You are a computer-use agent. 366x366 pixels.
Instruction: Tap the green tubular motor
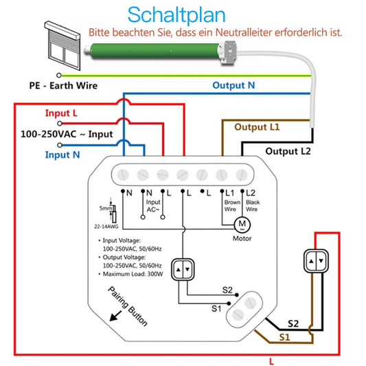(159, 49)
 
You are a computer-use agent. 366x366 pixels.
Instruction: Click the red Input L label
(62, 113)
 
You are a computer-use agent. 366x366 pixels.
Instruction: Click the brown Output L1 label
(258, 127)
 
